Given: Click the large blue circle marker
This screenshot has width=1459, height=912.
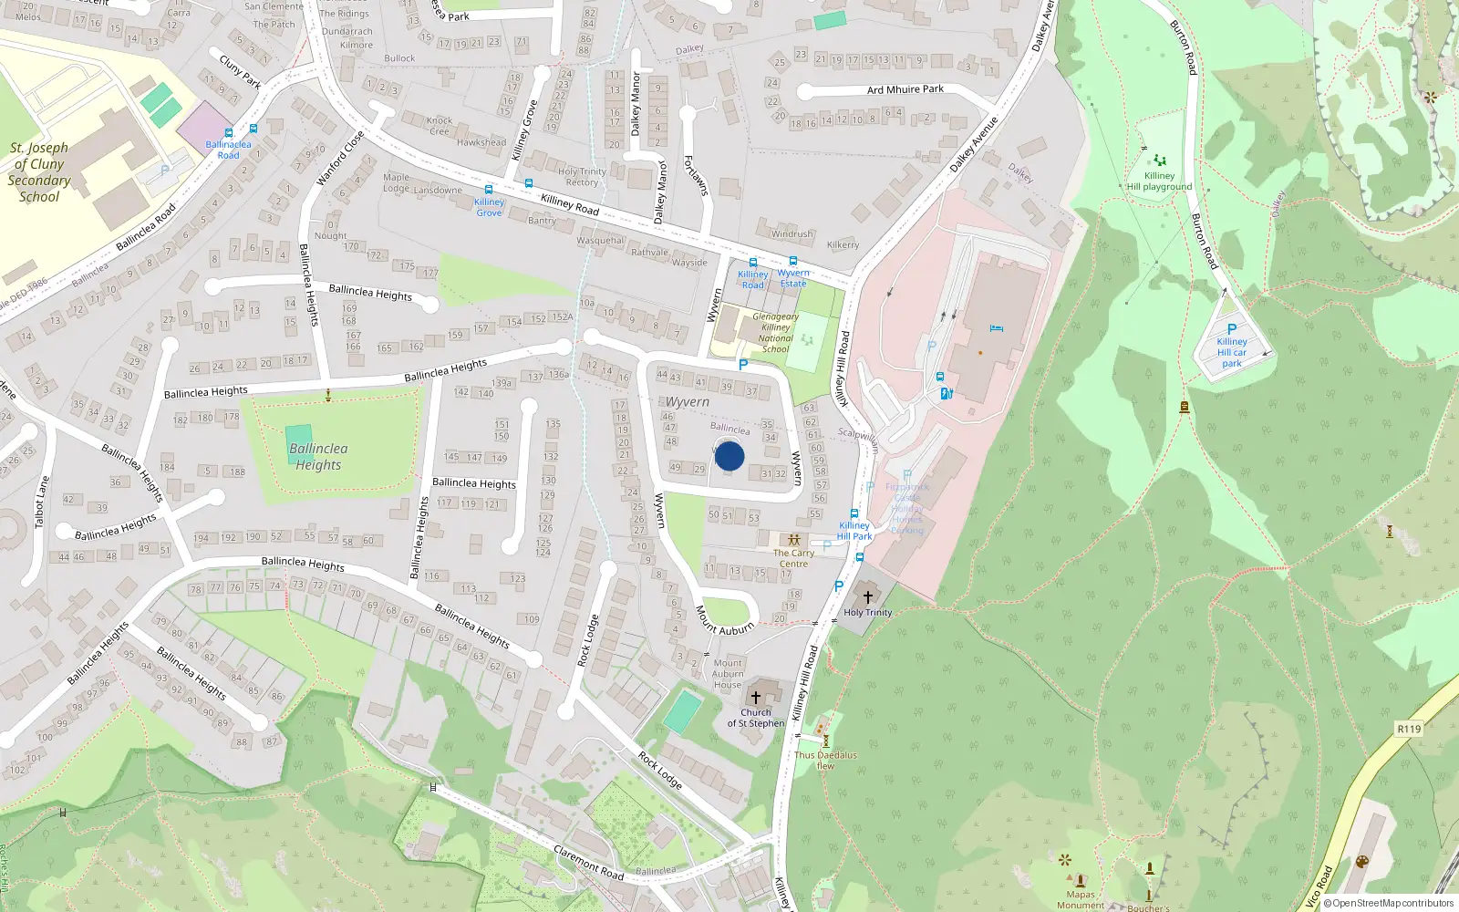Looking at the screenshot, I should click(x=729, y=456).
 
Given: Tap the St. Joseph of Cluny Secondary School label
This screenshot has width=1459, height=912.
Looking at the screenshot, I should click(x=39, y=171).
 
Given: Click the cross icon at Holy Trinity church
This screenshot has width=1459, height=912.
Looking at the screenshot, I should click(x=867, y=596).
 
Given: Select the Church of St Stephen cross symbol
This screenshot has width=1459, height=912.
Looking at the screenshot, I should click(x=755, y=697).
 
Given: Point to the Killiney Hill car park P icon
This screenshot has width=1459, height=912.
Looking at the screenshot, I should click(x=1232, y=329).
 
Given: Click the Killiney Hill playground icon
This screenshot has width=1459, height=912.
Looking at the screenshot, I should click(x=1159, y=161).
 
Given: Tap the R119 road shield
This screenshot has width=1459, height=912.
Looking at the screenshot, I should click(x=1409, y=729).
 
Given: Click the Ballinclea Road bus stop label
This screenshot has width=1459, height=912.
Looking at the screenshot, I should click(x=228, y=150).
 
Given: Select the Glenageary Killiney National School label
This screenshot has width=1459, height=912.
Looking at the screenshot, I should click(x=776, y=333).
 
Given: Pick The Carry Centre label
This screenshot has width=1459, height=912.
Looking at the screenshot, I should click(x=793, y=558).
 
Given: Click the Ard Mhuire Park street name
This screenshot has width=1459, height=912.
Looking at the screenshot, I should click(x=905, y=89).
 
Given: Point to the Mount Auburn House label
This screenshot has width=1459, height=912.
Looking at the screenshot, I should click(x=728, y=674).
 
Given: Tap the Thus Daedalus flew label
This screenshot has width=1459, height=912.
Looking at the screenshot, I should click(x=825, y=760).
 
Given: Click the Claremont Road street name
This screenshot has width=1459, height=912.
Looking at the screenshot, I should click(x=588, y=862).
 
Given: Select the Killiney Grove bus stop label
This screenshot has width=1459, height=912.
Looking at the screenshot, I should click(x=489, y=207).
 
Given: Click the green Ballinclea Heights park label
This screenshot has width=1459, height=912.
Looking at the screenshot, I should click(x=318, y=456).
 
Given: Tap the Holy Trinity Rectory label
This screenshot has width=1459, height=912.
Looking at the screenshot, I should click(x=582, y=177).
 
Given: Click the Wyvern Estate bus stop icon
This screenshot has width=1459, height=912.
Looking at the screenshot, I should click(x=793, y=261).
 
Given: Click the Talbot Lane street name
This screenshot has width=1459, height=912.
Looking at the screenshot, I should click(x=42, y=503).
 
